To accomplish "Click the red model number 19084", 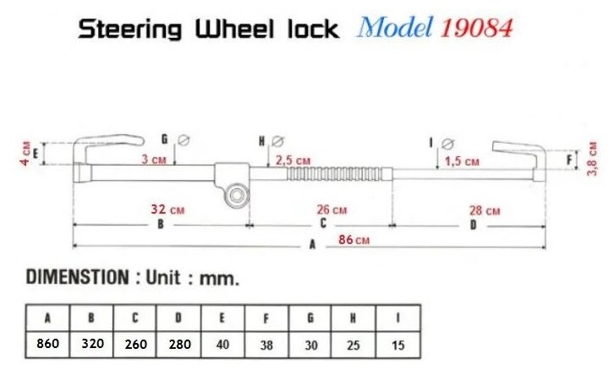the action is point(475,29).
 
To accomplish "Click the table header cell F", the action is point(266,318).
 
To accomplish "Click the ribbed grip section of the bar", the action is point(339,175).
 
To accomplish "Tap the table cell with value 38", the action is point(266,344).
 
